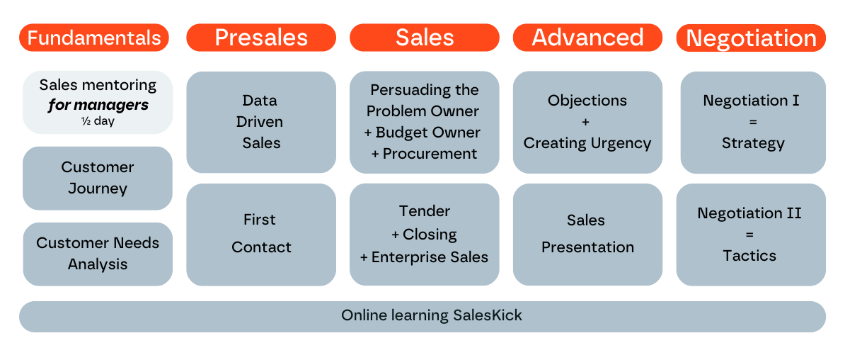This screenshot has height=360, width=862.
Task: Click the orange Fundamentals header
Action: pyautogui.click(x=94, y=38)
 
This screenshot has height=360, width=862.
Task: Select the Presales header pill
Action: pyautogui.click(x=261, y=38)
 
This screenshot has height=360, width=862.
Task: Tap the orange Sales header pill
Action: pyautogui.click(x=425, y=38)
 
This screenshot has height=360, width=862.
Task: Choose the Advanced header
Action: pyautogui.click(x=587, y=38)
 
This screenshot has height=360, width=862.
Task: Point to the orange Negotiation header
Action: pyautogui.click(x=751, y=38)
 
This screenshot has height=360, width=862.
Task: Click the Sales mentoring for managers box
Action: pyautogui.click(x=98, y=101)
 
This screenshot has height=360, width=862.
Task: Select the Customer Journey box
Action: pyautogui.click(x=98, y=178)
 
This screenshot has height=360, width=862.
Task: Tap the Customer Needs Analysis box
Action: pyautogui.click(x=98, y=254)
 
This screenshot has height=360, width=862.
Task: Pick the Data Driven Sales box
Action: pyautogui.click(x=261, y=122)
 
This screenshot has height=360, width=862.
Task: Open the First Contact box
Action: pyautogui.click(x=261, y=234)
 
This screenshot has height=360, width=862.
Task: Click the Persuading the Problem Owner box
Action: pyautogui.click(x=425, y=122)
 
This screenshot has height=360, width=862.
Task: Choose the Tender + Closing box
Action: pyautogui.click(x=425, y=234)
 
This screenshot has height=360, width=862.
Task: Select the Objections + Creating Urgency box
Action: pyautogui.click(x=587, y=122)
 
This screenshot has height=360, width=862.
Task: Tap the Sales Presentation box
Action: pyautogui.click(x=587, y=234)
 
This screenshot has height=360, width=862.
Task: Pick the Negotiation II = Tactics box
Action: pyautogui.click(x=750, y=234)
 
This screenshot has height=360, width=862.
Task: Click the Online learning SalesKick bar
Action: pyautogui.click(x=423, y=316)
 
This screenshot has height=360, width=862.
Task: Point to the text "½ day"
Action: pyautogui.click(x=98, y=121)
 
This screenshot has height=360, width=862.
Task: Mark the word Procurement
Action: pyautogui.click(x=430, y=154)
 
